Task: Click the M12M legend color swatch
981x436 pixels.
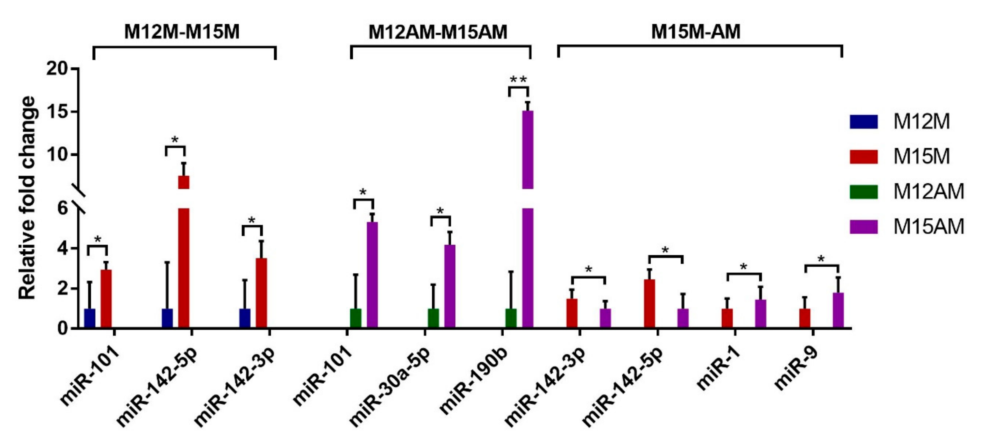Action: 863,122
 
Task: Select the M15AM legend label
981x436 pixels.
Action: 928,227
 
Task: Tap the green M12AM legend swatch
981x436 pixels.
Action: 863,192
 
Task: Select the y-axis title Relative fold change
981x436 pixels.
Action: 28,198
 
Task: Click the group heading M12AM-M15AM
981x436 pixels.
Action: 438,32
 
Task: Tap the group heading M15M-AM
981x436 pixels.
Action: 695,32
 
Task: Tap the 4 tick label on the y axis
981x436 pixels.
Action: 63,249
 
